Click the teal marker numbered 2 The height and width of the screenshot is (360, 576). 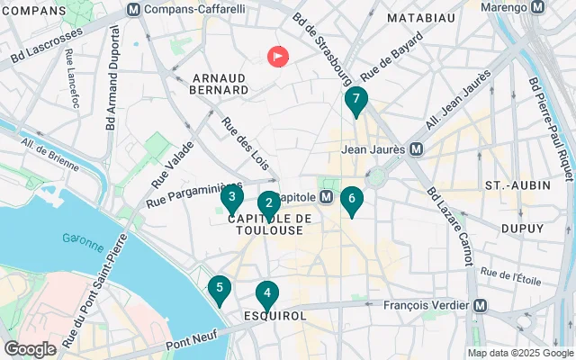[268, 204]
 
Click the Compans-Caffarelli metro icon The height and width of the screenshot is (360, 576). [134, 9]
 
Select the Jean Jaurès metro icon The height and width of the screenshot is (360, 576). [417, 148]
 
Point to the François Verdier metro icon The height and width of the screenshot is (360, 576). [480, 305]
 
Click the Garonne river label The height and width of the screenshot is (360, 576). [83, 238]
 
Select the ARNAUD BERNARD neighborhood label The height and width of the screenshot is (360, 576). [220, 83]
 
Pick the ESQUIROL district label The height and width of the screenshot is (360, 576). [275, 317]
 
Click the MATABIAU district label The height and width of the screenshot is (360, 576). [417, 17]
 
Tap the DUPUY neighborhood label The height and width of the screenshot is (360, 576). [522, 229]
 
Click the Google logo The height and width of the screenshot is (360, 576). [30, 348]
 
